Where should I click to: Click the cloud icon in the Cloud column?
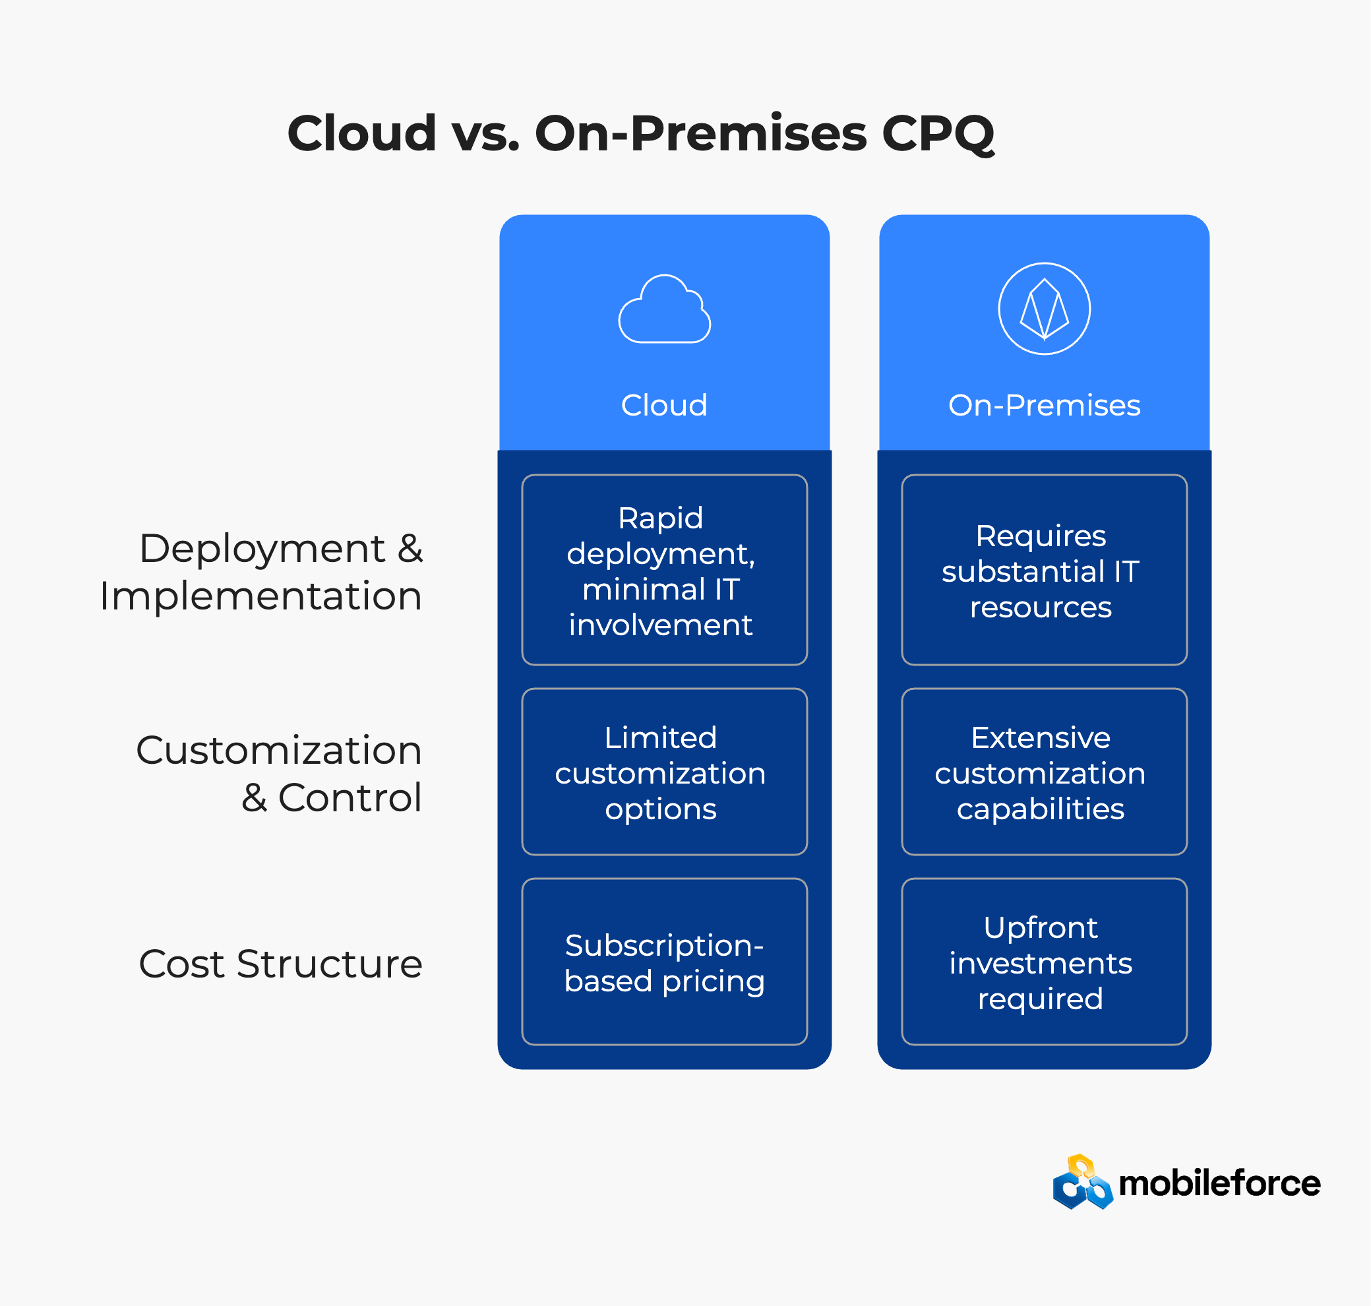tap(665, 309)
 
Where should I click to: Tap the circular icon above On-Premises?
tap(1044, 309)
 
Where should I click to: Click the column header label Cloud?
tap(664, 405)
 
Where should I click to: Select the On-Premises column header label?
tap(1044, 405)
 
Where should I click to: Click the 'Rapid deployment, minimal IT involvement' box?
tap(665, 570)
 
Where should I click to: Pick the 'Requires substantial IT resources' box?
tap(1044, 570)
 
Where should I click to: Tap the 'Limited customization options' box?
tap(665, 772)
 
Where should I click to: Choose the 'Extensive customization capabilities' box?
tap(1044, 772)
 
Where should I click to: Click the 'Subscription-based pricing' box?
tap(665, 962)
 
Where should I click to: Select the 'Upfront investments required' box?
tap(1044, 962)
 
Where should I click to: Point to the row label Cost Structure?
tap(280, 964)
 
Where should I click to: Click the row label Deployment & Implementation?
tap(261, 573)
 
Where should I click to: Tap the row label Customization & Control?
tap(279, 774)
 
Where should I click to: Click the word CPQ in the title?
tap(938, 134)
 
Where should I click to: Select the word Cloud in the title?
tap(362, 133)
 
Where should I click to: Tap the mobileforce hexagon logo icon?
tap(1083, 1182)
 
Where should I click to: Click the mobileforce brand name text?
tap(1219, 1183)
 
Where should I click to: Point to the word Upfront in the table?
tap(1041, 928)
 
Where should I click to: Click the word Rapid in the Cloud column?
tap(661, 518)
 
